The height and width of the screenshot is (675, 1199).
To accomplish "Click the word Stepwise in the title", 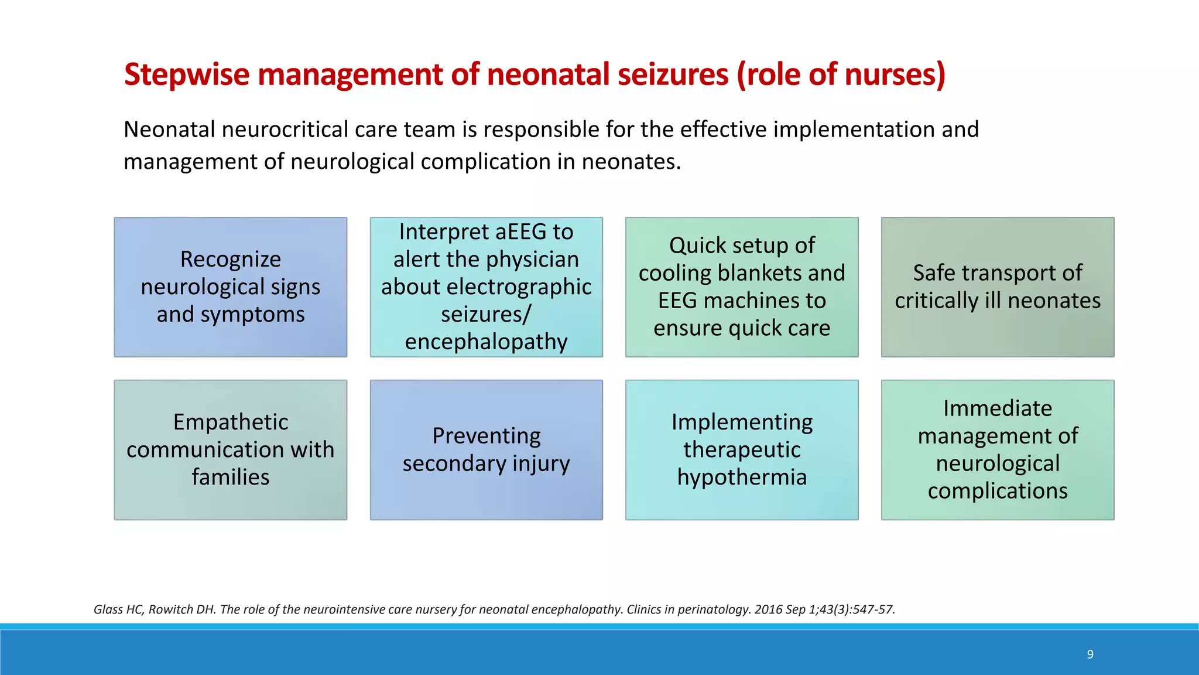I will click(187, 75).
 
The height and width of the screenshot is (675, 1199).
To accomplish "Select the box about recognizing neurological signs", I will click(230, 287).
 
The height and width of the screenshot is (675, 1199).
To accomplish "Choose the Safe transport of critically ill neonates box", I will click(997, 287).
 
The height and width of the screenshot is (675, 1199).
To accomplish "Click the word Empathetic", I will click(230, 422).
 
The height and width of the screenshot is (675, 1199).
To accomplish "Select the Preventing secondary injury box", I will click(486, 450).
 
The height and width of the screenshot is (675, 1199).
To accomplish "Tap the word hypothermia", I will click(742, 477).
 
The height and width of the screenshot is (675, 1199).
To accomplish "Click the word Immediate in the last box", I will click(997, 408).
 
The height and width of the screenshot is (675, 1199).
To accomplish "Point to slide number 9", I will click(1090, 654).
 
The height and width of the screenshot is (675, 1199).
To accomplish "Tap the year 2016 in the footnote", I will click(768, 609).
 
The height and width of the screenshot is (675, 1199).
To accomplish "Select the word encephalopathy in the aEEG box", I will click(486, 342).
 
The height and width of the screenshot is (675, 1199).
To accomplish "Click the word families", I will click(230, 477).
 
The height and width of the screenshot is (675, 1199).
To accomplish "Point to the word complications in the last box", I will click(997, 491).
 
